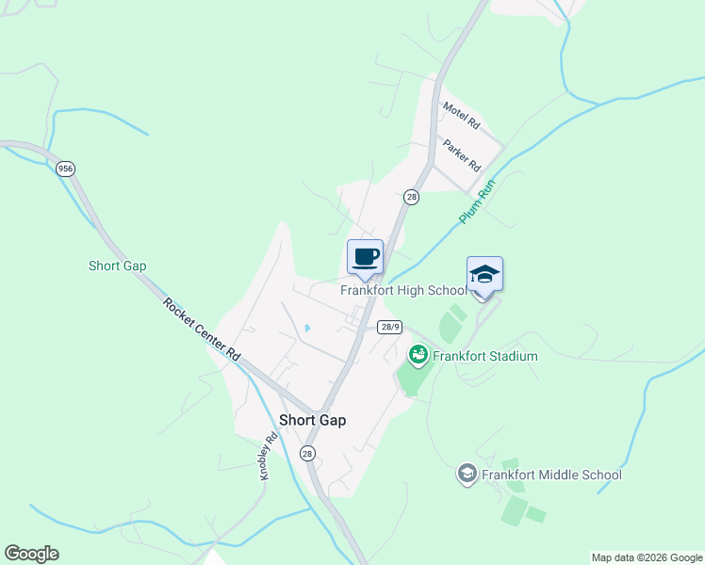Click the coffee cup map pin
point(366,257)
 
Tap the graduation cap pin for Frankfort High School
point(484,274)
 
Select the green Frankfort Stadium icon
point(418,355)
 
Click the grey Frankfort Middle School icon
point(467,474)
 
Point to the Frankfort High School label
point(403,290)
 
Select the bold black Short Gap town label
point(312,421)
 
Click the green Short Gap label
point(118,266)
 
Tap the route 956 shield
point(65,169)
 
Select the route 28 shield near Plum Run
point(411,197)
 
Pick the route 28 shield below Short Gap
point(308,453)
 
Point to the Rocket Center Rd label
point(202,330)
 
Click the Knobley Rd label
point(271,457)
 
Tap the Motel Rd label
point(462,118)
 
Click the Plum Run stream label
point(477,202)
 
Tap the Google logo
point(31,554)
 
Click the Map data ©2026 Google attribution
point(646,557)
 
